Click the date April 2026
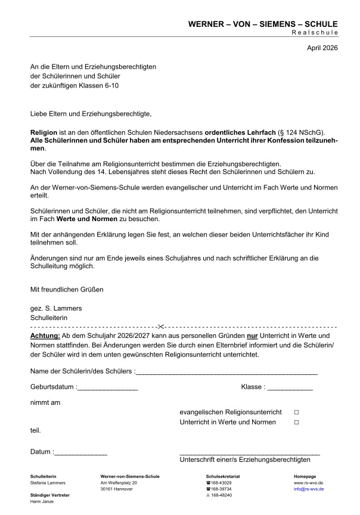pos(322,47)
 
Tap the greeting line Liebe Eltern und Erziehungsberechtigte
pos(91,113)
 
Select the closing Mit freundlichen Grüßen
pos(67,290)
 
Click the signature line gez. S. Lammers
pos(56,308)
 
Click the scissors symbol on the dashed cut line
pos(160,327)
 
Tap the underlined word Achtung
pos(45,337)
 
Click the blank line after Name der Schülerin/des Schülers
pos(226,373)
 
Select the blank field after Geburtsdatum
pos(107,388)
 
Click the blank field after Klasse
pos(290,388)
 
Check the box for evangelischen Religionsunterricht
pos(296,412)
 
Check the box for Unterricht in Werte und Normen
pos(296,423)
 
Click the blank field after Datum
pos(80,453)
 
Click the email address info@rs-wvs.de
pos(309,489)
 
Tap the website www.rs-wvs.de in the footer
pos(308,482)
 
